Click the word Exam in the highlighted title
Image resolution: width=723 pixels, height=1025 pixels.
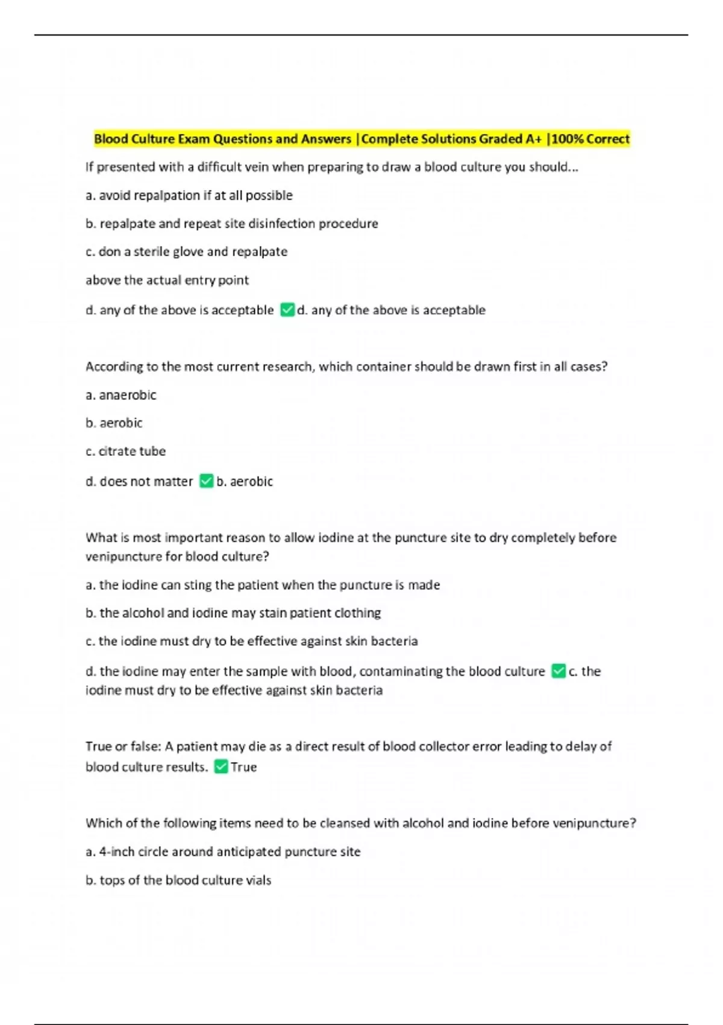[x=194, y=139]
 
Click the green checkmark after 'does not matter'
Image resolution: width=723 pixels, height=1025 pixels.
[x=206, y=481]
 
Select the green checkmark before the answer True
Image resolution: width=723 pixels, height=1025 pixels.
[x=221, y=766]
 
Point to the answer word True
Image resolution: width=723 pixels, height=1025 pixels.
[x=244, y=767]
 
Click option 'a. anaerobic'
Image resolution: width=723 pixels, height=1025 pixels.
[x=121, y=395]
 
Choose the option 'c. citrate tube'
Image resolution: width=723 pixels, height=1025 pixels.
[x=125, y=451]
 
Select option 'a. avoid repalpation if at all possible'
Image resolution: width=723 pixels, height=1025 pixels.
[x=189, y=195]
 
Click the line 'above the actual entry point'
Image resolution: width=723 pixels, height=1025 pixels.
[x=167, y=280]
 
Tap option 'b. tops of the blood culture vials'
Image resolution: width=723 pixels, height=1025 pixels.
[x=178, y=880]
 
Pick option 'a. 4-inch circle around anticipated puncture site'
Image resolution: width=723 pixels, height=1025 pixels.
[x=223, y=852]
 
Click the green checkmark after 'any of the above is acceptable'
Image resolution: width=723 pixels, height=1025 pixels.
[x=287, y=310]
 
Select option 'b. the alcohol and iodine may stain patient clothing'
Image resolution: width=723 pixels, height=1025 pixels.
[x=233, y=613]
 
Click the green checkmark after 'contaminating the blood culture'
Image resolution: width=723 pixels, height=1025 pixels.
[x=559, y=671]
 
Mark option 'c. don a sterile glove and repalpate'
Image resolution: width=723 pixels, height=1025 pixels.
[x=186, y=251]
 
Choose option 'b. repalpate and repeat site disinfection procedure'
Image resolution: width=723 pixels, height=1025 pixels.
[x=232, y=224]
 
